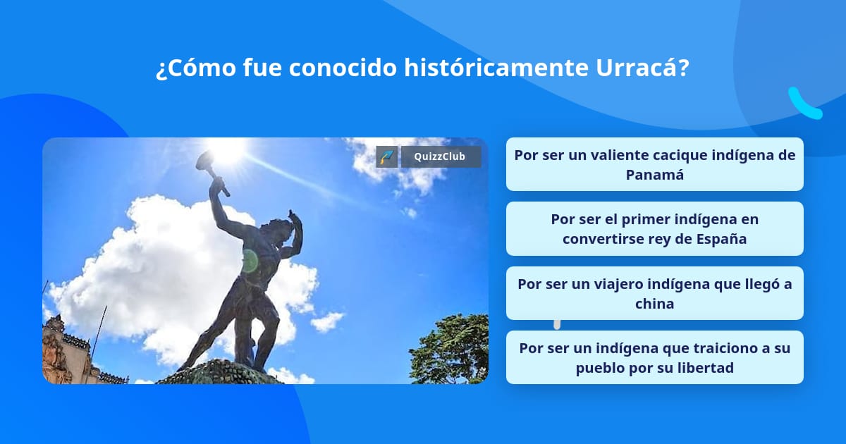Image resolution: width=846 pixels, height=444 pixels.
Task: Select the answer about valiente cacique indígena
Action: pos(654,164)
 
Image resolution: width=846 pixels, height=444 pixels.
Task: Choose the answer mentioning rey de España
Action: pos(654,229)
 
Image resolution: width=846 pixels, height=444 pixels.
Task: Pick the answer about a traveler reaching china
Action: pos(654,293)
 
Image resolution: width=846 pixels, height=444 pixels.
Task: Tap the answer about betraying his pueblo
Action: pos(654,357)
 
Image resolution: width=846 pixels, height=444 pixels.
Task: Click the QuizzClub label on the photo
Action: pos(441,156)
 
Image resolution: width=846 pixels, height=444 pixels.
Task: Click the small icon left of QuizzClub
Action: pos(387,156)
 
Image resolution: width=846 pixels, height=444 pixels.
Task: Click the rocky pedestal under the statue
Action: pos(219,374)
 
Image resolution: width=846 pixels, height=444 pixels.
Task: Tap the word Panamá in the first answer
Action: pos(655,174)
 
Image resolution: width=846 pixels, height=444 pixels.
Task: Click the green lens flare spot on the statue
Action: pos(250,261)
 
